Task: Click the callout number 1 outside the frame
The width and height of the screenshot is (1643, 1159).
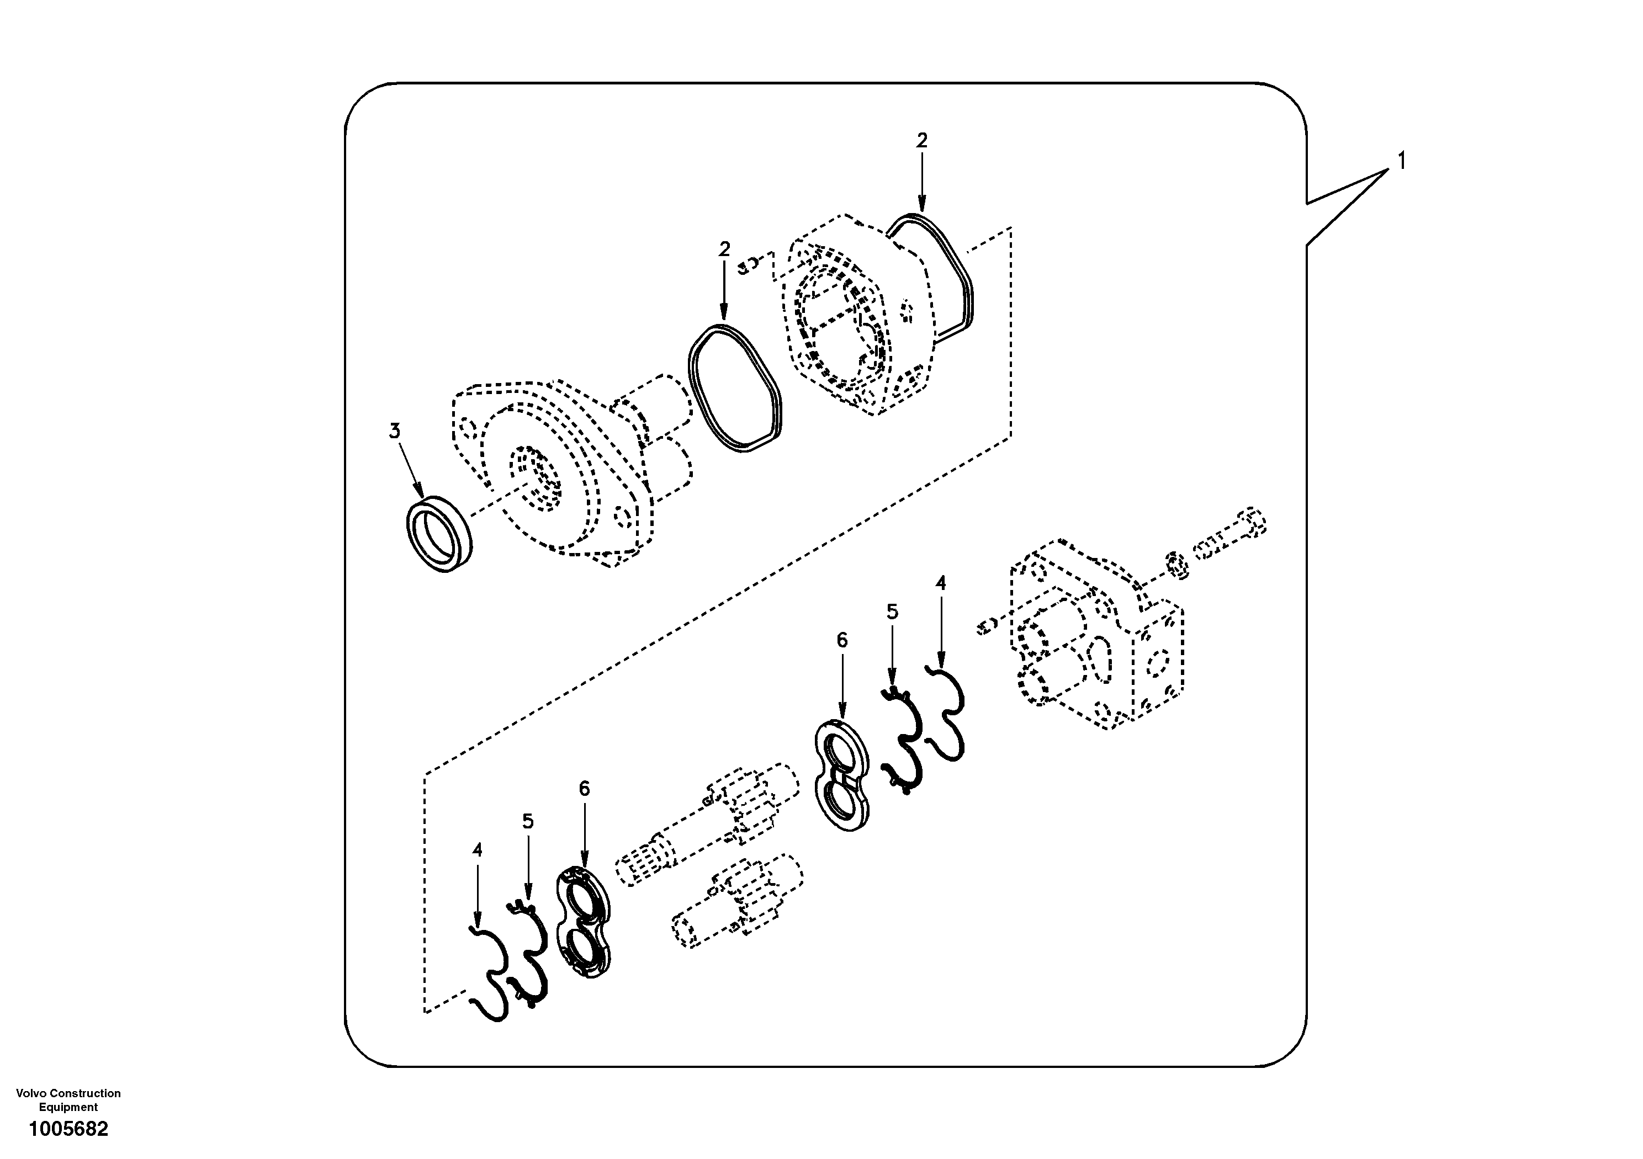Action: click(1401, 162)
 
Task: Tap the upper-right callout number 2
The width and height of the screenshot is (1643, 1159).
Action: click(921, 141)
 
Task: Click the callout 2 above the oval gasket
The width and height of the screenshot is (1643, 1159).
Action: click(724, 249)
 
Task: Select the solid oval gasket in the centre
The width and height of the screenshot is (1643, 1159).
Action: click(735, 388)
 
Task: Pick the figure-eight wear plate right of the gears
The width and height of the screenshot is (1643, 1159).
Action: click(843, 785)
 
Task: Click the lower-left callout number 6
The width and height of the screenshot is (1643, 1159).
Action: click(584, 789)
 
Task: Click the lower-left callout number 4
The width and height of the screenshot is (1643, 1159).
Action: click(478, 850)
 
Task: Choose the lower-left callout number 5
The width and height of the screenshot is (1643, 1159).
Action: click(527, 821)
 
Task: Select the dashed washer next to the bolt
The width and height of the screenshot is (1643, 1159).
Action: click(1178, 565)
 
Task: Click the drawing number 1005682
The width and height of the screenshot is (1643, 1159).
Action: click(68, 1129)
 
